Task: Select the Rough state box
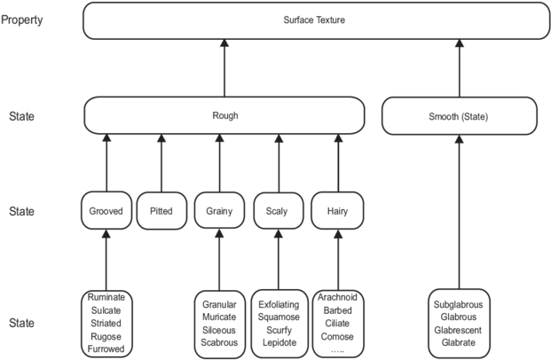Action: (x=224, y=115)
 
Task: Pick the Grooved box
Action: (x=106, y=212)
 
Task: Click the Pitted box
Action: (x=161, y=212)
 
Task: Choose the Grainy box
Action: (x=218, y=212)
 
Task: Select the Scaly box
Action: (x=278, y=212)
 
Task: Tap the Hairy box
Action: (x=338, y=212)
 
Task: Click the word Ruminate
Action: (x=106, y=297)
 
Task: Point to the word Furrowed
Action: (x=106, y=349)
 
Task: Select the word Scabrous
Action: (x=219, y=341)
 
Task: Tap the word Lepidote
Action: (x=279, y=341)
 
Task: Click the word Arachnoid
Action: (x=338, y=297)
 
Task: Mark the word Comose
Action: (x=338, y=337)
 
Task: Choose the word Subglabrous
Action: (x=460, y=304)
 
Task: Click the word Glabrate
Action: (x=460, y=342)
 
